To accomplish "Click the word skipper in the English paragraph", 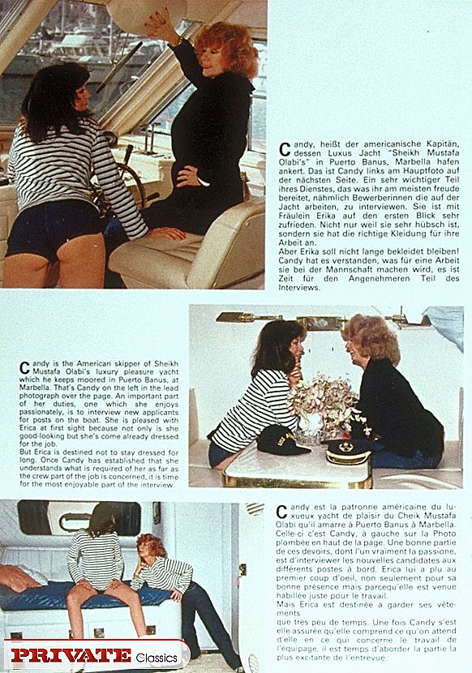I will [111, 362].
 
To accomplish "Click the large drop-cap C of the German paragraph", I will [285, 150].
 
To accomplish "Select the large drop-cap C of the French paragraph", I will [281, 512].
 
